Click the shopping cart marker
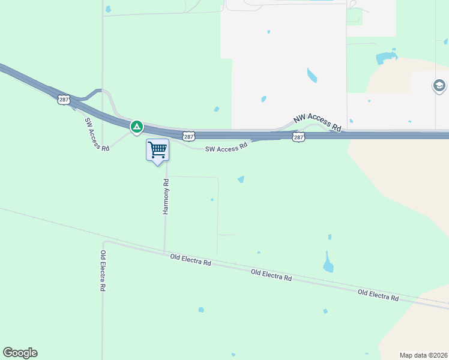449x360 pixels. coord(157,149)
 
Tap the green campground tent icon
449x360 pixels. coord(137,127)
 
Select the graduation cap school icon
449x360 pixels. coord(439,86)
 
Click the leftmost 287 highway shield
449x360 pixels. coord(64,100)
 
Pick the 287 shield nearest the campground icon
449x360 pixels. coord(188,137)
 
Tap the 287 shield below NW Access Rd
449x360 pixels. coord(298,137)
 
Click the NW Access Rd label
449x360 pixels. coord(317,123)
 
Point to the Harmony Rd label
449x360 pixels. coord(166,196)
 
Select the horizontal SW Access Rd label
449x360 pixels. coord(226,146)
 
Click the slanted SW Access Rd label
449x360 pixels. coord(97,134)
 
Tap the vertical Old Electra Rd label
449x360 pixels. coord(103,271)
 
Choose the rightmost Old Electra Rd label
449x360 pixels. coord(378,295)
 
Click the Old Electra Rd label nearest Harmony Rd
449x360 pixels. coord(190,260)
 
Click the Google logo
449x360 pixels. coord(20,353)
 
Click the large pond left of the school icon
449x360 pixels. coord(385,58)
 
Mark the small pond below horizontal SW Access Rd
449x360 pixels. coord(241,179)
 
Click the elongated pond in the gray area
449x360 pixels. coord(312,76)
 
